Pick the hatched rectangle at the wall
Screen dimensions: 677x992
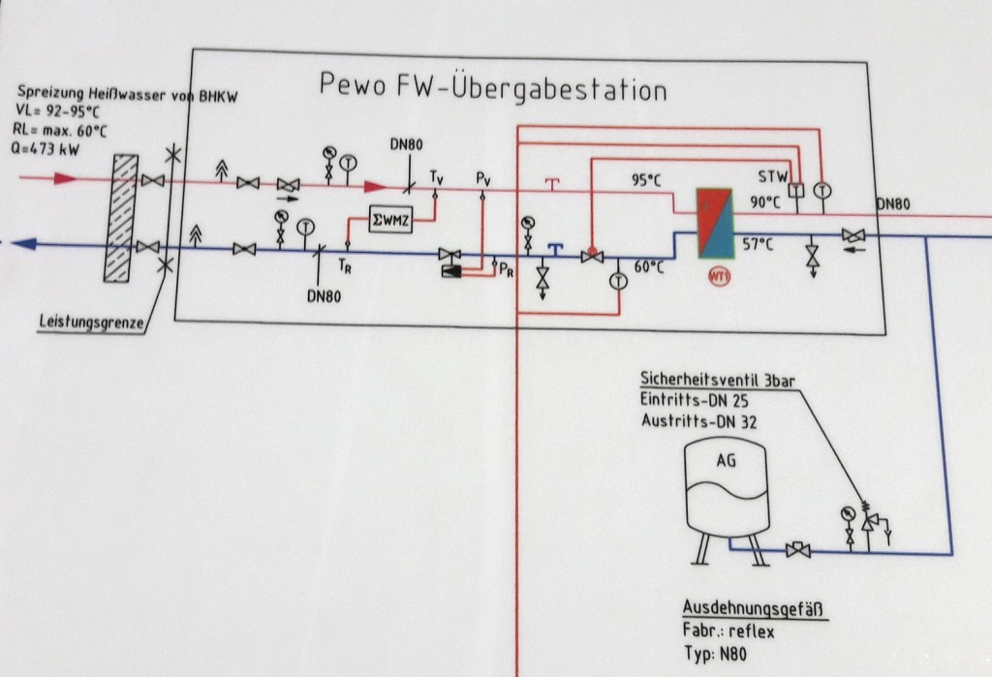[121, 217]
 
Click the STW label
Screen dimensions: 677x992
[773, 177]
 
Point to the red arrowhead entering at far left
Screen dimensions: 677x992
[63, 179]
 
